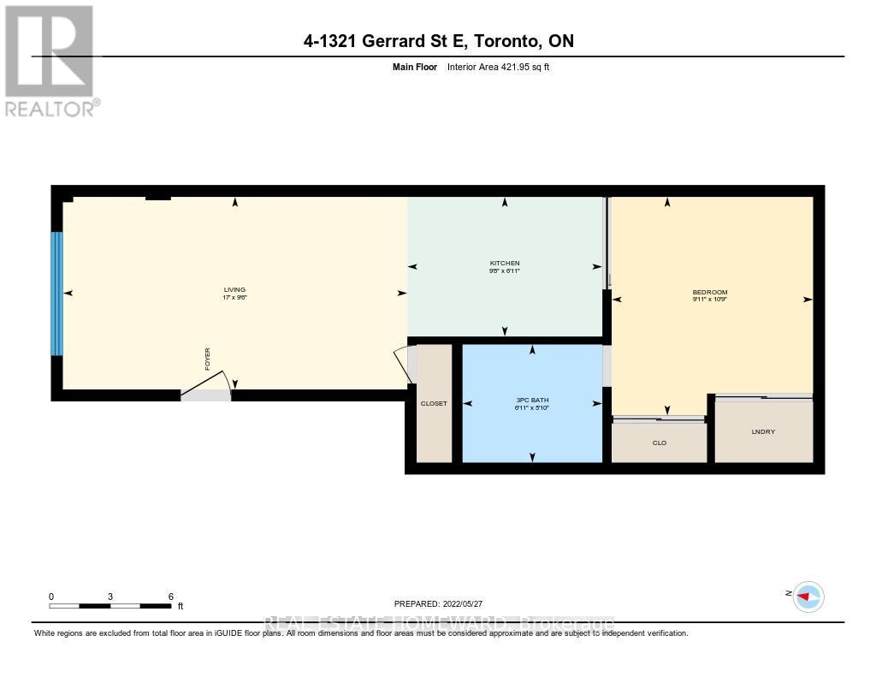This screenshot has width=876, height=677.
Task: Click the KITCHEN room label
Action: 504,263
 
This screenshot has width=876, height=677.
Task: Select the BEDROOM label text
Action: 709,292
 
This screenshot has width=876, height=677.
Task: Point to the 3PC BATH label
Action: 531,401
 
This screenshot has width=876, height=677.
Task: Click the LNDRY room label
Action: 763,431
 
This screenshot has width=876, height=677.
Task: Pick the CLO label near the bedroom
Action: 659,442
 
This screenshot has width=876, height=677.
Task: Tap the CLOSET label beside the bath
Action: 434,403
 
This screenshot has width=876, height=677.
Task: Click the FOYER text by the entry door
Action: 207,359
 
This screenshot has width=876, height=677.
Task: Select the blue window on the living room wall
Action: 57,293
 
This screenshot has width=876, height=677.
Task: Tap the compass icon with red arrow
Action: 808,597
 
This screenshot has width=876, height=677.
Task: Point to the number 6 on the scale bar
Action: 171,597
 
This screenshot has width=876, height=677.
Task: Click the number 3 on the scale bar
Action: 110,597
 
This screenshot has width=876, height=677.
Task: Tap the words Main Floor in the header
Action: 414,67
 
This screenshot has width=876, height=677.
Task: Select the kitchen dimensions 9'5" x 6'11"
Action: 504,270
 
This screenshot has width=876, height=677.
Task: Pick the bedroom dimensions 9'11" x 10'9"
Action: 709,300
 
